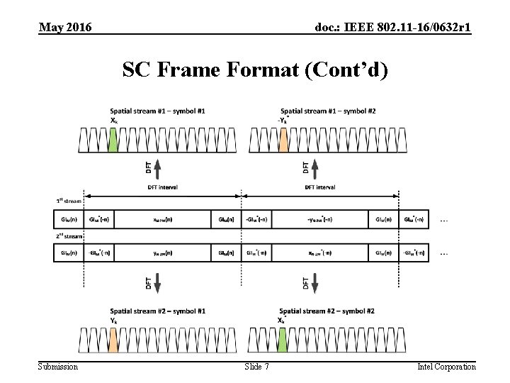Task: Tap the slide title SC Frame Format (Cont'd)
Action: click(x=255, y=70)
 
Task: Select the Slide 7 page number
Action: click(x=256, y=366)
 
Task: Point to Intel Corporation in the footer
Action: click(x=446, y=366)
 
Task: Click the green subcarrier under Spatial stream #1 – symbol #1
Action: click(x=113, y=140)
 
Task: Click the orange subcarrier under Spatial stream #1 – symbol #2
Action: click(x=283, y=140)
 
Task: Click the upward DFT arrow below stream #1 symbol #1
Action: click(x=157, y=167)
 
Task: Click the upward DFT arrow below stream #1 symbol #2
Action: click(x=315, y=167)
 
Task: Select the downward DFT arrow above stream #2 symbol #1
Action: click(x=157, y=283)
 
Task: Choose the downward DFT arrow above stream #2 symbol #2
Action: click(x=315, y=283)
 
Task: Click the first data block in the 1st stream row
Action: click(x=162, y=219)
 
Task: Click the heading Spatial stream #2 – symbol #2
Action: click(x=327, y=311)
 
